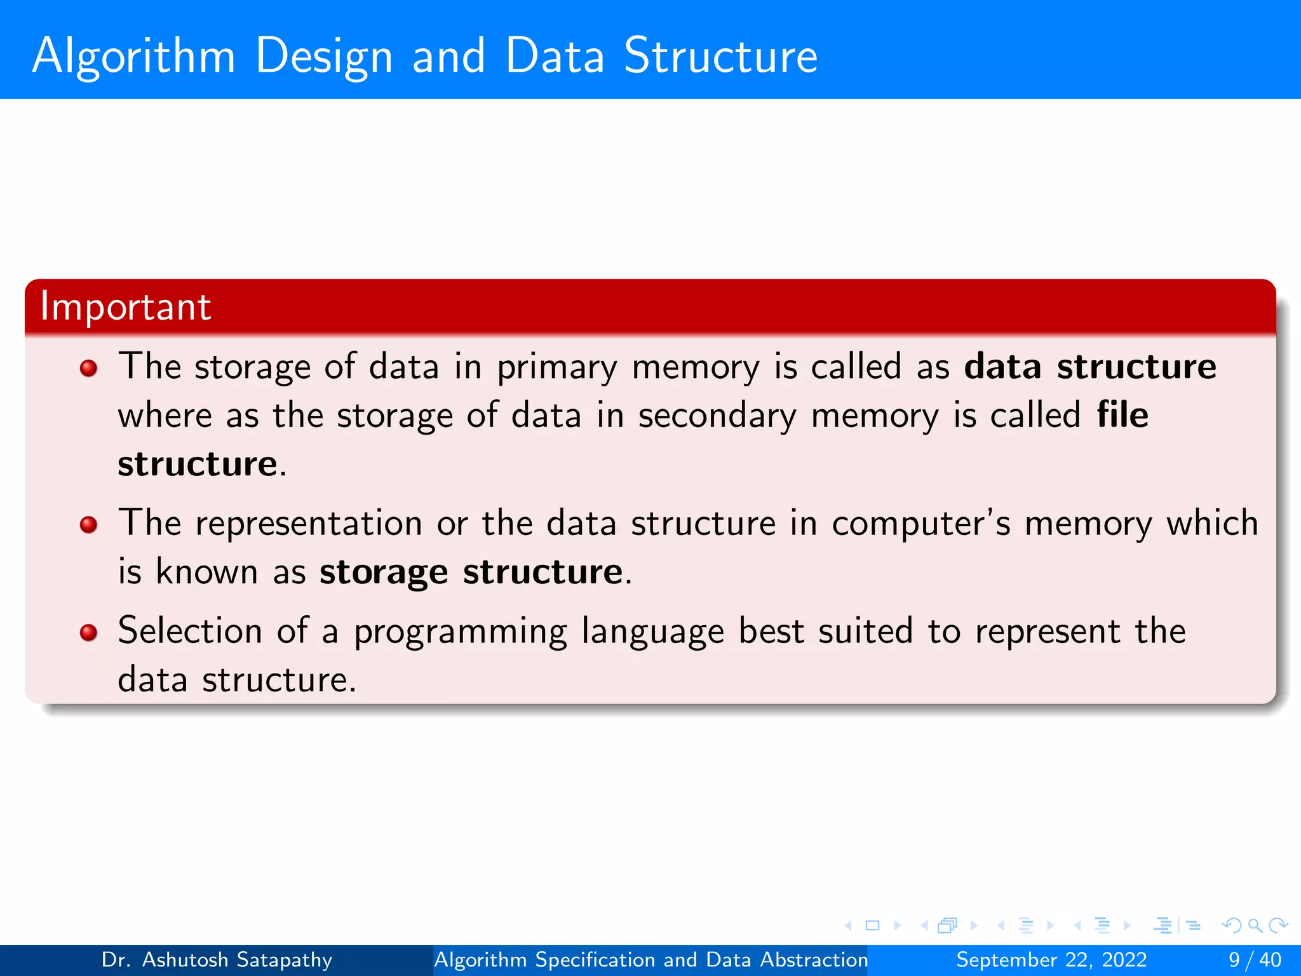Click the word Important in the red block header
tap(125, 306)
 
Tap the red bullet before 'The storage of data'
tap(88, 368)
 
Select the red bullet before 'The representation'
tap(88, 525)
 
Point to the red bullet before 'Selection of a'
tap(88, 632)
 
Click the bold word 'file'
tap(1122, 415)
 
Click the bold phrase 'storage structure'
tap(471, 572)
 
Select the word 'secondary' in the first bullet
tap(717, 417)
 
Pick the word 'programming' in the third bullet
tap(460, 633)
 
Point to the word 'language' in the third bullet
tap(652, 633)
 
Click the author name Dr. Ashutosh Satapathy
tap(217, 959)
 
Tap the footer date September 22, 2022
tap(1051, 959)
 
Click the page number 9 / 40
tap(1255, 959)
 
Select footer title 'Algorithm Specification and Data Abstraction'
tap(650, 959)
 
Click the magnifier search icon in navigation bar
tap(1255, 925)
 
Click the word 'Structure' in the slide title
tap(720, 56)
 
